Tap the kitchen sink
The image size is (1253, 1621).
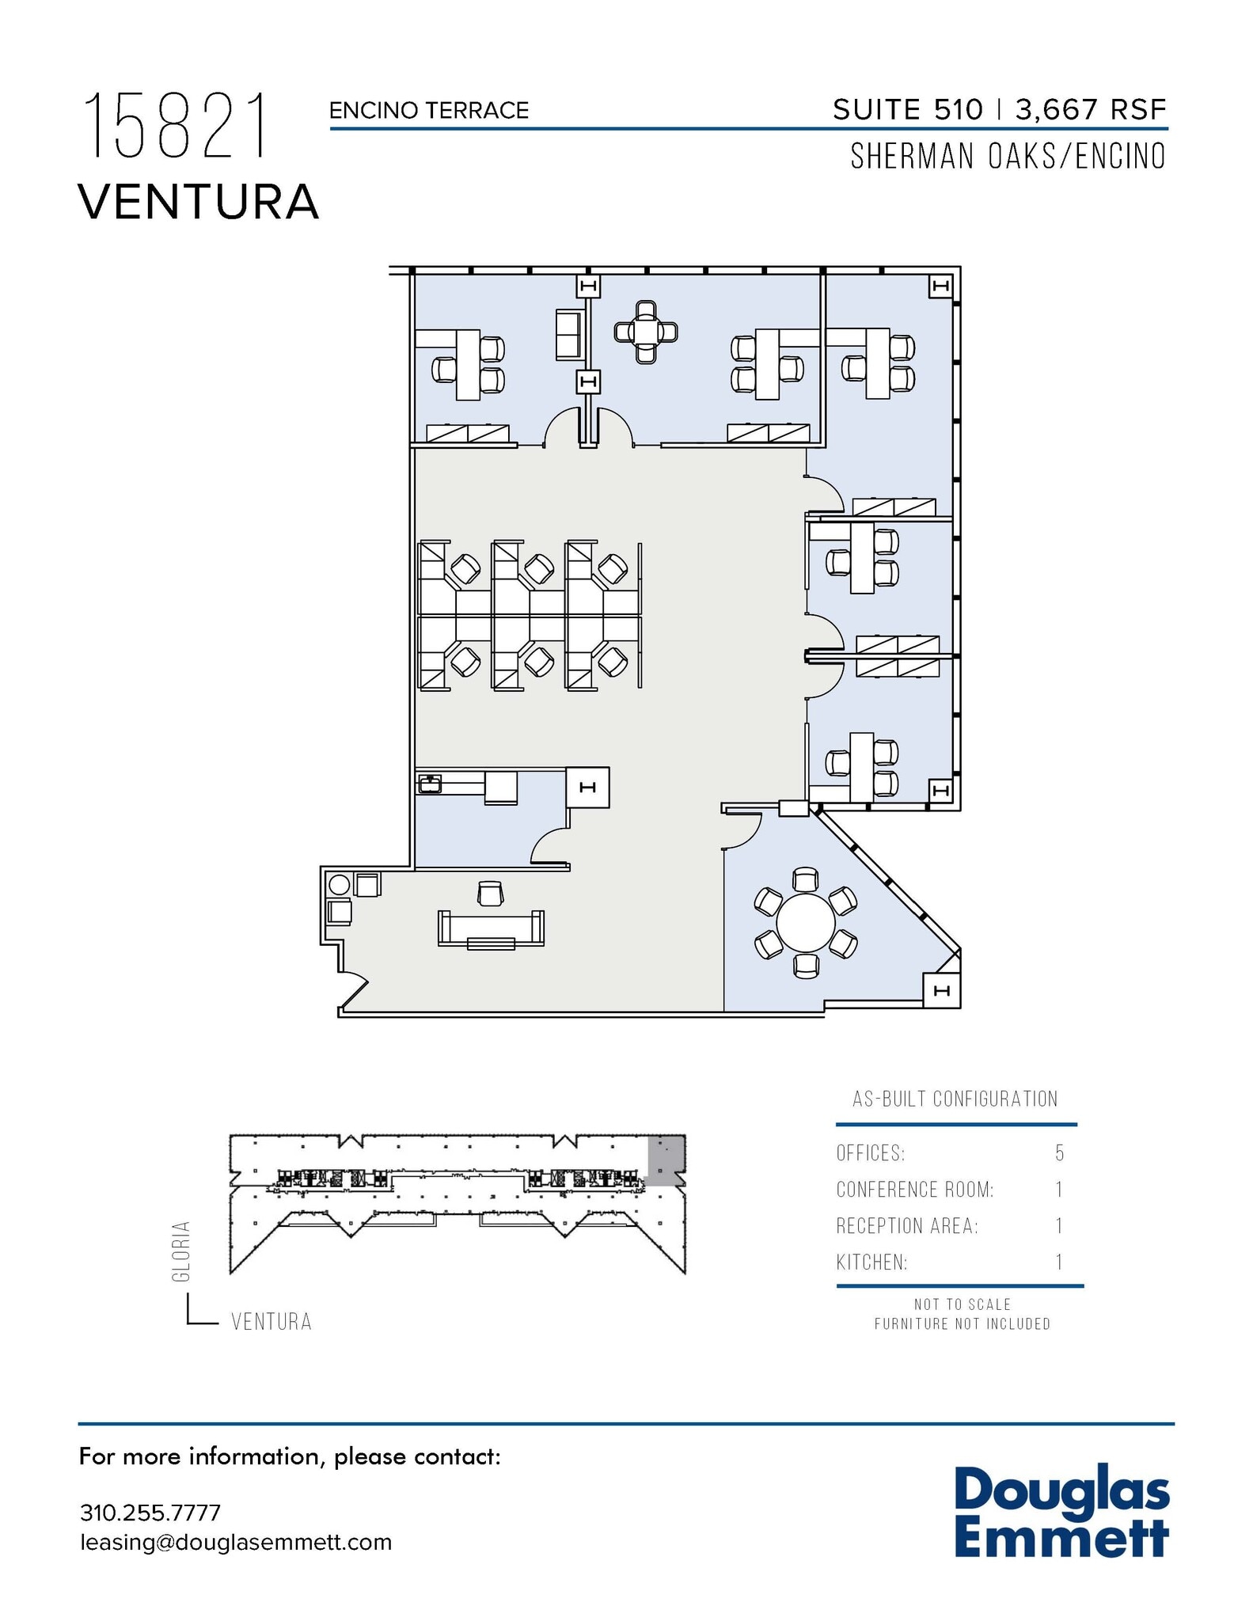pyautogui.click(x=430, y=784)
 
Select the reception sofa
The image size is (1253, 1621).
pyautogui.click(x=491, y=929)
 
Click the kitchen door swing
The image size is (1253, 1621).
pyautogui.click(x=549, y=845)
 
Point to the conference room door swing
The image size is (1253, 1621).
pyautogui.click(x=742, y=831)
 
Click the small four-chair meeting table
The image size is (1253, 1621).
pyautogui.click(x=646, y=332)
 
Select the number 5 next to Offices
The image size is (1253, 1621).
pyautogui.click(x=1059, y=1153)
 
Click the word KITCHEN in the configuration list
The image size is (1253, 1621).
pyautogui.click(x=871, y=1262)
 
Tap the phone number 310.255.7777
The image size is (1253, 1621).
pyautogui.click(x=150, y=1513)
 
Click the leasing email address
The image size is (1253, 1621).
pyautogui.click(x=236, y=1543)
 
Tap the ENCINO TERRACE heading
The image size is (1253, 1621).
pyautogui.click(x=428, y=111)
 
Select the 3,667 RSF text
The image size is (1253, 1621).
pyautogui.click(x=1091, y=109)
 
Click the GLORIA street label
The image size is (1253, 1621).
pyautogui.click(x=181, y=1251)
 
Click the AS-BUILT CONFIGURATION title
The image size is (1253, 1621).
pyautogui.click(x=955, y=1099)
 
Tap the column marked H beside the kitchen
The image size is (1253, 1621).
pyautogui.click(x=587, y=788)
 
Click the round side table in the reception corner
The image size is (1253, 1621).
pyautogui.click(x=339, y=885)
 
